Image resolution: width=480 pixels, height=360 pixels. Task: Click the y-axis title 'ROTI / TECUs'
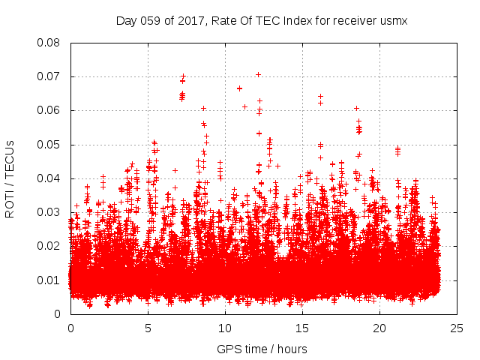pyautogui.click(x=10, y=178)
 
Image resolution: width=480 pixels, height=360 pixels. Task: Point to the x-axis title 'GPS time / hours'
pyautogui.click(x=262, y=349)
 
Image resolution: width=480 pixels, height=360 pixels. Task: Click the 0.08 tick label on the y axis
pyautogui.click(x=50, y=43)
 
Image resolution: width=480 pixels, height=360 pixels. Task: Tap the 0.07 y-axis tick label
pyautogui.click(x=50, y=76)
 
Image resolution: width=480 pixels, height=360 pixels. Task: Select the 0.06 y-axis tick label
pyautogui.click(x=50, y=110)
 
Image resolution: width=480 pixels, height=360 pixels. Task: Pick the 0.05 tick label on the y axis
pyautogui.click(x=50, y=144)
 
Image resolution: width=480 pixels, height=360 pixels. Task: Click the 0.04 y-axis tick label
pyautogui.click(x=50, y=178)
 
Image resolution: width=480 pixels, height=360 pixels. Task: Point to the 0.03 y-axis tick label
pyautogui.click(x=50, y=212)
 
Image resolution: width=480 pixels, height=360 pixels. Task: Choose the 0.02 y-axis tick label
pyautogui.click(x=50, y=246)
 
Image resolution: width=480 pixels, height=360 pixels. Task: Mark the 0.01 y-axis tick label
pyautogui.click(x=50, y=280)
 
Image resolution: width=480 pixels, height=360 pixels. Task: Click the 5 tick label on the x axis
pyautogui.click(x=148, y=328)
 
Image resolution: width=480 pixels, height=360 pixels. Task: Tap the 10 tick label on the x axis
pyautogui.click(x=225, y=328)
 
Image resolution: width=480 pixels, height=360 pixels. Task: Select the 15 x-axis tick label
pyautogui.click(x=302, y=328)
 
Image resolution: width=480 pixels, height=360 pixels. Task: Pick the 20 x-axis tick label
pyautogui.click(x=379, y=328)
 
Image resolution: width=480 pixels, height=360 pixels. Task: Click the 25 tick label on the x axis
pyautogui.click(x=457, y=328)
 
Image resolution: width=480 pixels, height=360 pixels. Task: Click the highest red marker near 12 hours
pyautogui.click(x=258, y=74)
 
